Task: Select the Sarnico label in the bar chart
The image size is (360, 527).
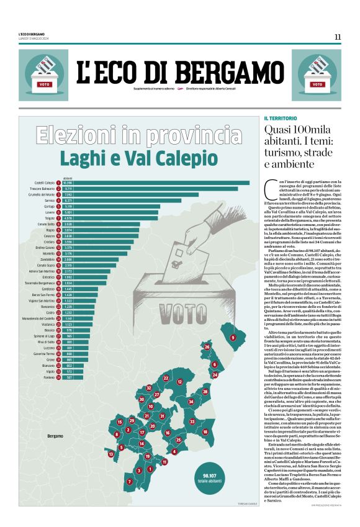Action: pos(50,200)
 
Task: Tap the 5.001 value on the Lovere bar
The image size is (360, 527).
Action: pos(68,212)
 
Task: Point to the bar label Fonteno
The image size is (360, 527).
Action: pos(48,377)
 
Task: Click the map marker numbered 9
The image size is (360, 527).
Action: pos(233,337)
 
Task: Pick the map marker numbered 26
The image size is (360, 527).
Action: pos(207,347)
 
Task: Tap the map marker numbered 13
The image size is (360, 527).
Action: pos(111,454)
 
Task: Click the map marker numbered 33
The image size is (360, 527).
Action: pos(192,421)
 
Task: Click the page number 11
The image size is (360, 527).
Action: pos(337,37)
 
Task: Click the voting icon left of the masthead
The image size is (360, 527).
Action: pos(43,75)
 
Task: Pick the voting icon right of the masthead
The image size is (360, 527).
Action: pos(317,75)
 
